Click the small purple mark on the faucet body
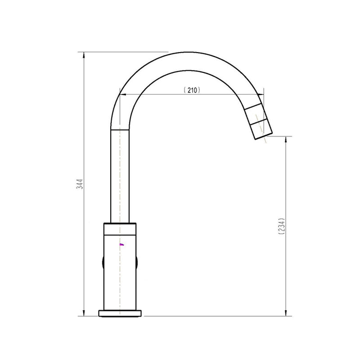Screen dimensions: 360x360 click(x=121, y=244)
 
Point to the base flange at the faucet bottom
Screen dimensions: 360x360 click(x=120, y=313)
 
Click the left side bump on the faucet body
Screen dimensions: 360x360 click(x=103, y=264)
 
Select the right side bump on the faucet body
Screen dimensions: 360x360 click(x=137, y=264)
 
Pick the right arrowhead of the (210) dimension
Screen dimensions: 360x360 click(x=263, y=94)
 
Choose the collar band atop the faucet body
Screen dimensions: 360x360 click(x=120, y=229)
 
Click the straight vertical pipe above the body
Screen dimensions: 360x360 click(x=120, y=175)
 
